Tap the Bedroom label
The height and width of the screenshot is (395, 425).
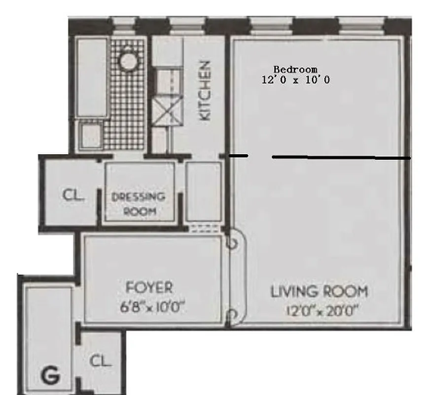click(x=295, y=70)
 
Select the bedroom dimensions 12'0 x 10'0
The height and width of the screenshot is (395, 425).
click(x=295, y=79)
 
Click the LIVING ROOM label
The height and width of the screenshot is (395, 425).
click(x=319, y=291)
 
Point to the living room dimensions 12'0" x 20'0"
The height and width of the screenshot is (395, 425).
click(x=321, y=311)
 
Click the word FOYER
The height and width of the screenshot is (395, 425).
click(x=149, y=287)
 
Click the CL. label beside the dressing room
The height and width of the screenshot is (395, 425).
click(x=74, y=195)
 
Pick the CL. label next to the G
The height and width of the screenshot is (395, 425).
click(x=101, y=361)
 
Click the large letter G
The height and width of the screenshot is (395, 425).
click(x=51, y=376)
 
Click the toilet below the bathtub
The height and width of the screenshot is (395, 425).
click(x=91, y=135)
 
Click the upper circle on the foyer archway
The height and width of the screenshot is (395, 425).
click(x=232, y=243)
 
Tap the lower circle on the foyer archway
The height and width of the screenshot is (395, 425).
click(x=232, y=315)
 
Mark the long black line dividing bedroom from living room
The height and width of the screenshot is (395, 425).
click(x=340, y=158)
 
